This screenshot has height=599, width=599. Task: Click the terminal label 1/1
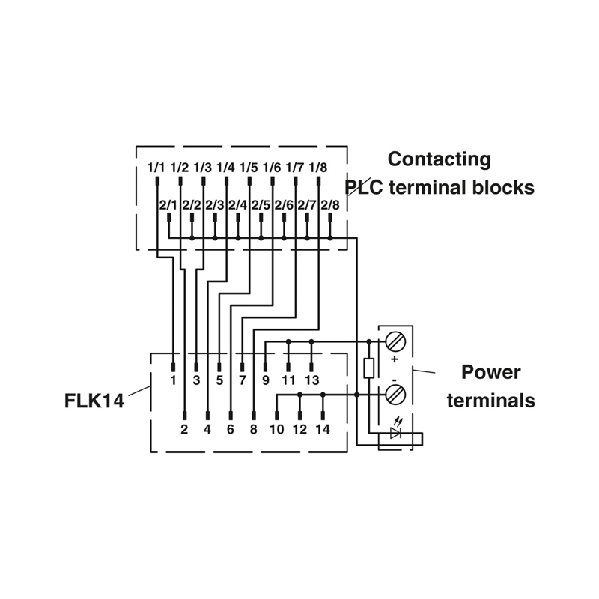point(156,168)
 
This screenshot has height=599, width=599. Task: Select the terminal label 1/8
point(318,168)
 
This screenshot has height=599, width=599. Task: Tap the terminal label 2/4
point(238,205)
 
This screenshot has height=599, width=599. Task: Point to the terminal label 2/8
point(330,205)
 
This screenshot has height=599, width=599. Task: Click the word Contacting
point(440,159)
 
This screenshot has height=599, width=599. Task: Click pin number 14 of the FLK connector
point(323,429)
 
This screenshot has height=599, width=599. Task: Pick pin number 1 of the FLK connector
point(173,380)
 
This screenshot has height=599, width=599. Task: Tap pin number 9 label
point(266,380)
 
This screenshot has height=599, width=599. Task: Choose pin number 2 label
point(184,429)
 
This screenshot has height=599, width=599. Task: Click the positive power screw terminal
point(395,342)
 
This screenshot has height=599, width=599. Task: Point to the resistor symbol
point(368,368)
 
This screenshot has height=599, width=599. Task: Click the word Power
point(490,372)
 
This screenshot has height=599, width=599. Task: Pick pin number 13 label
point(311,380)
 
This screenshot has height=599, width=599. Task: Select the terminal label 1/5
point(249,168)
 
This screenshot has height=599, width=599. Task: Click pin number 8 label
point(253,429)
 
